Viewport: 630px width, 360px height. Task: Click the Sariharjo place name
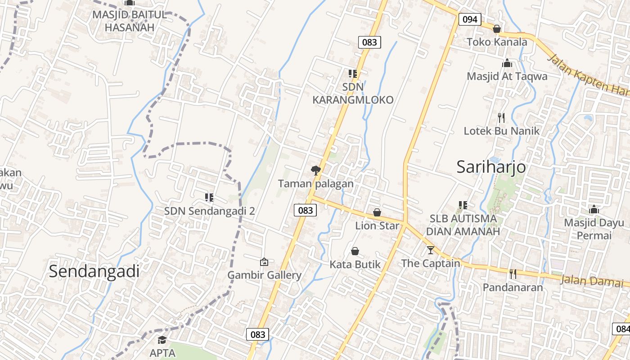pyautogui.click(x=491, y=167)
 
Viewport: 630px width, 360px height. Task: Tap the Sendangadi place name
pyautogui.click(x=94, y=271)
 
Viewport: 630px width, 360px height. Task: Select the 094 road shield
pyautogui.click(x=470, y=19)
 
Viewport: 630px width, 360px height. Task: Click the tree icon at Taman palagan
pyautogui.click(x=316, y=170)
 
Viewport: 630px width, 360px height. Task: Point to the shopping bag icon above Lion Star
pyautogui.click(x=377, y=212)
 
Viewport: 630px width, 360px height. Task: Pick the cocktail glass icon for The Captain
pyautogui.click(x=431, y=250)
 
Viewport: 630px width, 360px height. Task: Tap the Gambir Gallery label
pyautogui.click(x=264, y=275)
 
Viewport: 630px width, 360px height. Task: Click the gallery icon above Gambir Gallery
pyautogui.click(x=264, y=261)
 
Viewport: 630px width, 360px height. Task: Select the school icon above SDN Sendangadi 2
pyautogui.click(x=209, y=197)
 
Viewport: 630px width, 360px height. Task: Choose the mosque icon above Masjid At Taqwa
pyautogui.click(x=507, y=63)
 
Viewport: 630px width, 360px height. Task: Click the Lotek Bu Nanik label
pyautogui.click(x=502, y=131)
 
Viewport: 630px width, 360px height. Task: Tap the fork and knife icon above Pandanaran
pyautogui.click(x=513, y=274)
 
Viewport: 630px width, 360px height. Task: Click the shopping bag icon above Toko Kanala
pyautogui.click(x=497, y=29)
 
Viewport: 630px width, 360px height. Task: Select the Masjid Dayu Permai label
pyautogui.click(x=594, y=229)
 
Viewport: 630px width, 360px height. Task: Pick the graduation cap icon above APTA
pyautogui.click(x=162, y=340)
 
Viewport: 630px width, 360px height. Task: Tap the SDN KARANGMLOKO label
pyautogui.click(x=353, y=93)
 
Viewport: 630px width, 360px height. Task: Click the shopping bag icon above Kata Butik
pyautogui.click(x=355, y=251)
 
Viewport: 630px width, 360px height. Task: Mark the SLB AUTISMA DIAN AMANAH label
pyautogui.click(x=463, y=225)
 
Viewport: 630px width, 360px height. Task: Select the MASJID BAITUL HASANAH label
pyautogui.click(x=130, y=21)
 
